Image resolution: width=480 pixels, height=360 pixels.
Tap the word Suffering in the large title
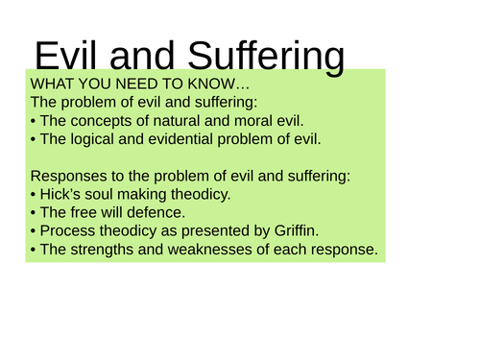(259, 58)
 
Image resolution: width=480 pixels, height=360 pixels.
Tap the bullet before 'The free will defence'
(35, 213)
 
